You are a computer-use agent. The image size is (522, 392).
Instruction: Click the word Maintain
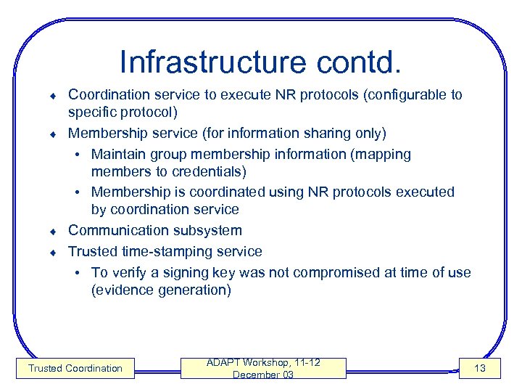tap(118, 154)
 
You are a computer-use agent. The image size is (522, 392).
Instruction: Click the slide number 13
tap(479, 368)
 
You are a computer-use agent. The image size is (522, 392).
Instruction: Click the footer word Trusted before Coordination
tap(45, 368)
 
